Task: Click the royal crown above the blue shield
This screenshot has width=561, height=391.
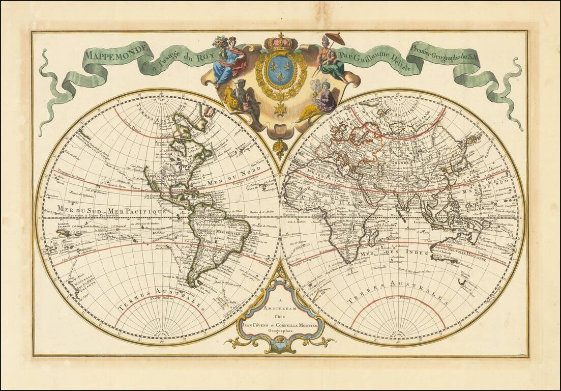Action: coord(280,41)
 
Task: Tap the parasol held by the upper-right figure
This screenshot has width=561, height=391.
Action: coord(335,39)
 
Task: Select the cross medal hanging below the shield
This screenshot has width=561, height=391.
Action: coord(280,108)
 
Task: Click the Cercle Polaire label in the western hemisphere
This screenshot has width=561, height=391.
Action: coord(159,299)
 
